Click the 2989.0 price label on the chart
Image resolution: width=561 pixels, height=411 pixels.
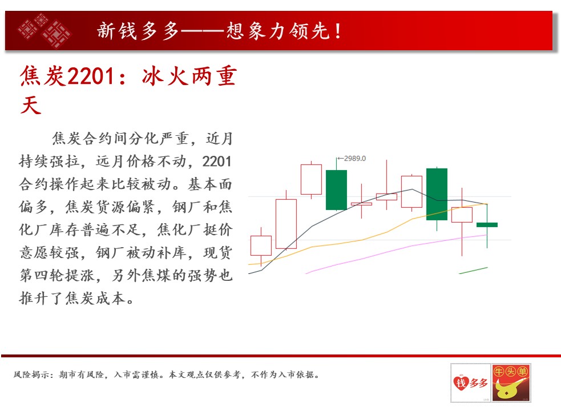point(354,158)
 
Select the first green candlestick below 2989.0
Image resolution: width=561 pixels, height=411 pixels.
point(336,190)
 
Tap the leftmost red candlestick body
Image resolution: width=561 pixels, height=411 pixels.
point(261,245)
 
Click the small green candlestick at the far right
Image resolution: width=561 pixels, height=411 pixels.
point(487,225)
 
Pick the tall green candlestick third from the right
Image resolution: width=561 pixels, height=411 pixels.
point(437,194)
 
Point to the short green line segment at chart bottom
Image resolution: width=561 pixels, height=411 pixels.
point(473,271)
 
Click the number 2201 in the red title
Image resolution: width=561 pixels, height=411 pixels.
point(91,76)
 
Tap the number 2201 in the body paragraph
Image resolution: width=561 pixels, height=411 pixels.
point(216,162)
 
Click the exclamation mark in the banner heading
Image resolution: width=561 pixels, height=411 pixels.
point(338,31)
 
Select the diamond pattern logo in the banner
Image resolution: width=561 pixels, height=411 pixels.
point(44,30)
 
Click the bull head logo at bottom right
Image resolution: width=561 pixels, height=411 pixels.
point(511,382)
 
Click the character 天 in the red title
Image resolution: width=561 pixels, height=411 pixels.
point(31,106)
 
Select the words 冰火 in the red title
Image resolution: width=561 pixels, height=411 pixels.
point(165,76)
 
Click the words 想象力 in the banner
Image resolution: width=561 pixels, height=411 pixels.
point(255,31)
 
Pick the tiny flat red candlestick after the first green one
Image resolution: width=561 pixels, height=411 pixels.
point(361,204)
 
